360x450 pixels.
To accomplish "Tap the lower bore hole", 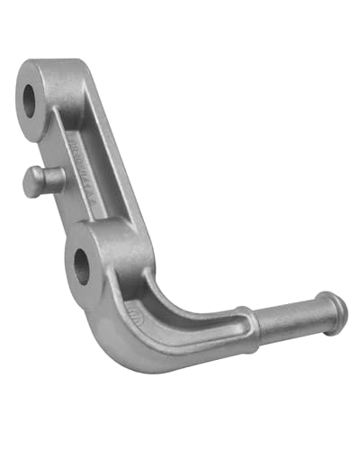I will click(x=81, y=265).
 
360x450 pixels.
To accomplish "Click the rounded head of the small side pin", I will click(x=29, y=182).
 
